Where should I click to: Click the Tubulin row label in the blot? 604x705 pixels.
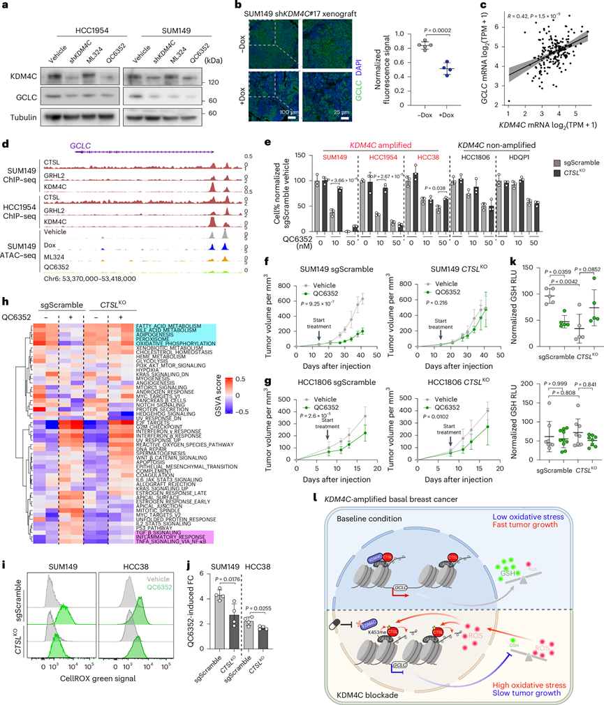[24, 116]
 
